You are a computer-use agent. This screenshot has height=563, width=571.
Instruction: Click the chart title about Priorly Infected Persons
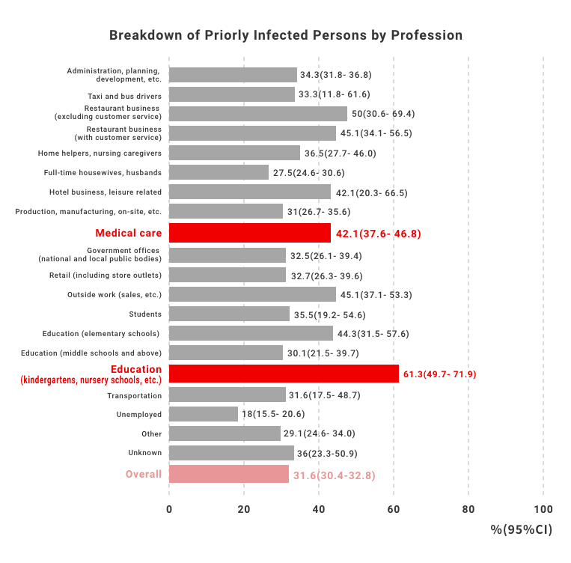tap(286, 35)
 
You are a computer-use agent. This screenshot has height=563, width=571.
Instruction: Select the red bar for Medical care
tap(250, 233)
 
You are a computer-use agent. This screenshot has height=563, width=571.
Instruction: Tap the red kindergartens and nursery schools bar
tap(284, 374)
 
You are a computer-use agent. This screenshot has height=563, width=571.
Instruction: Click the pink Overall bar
tap(229, 474)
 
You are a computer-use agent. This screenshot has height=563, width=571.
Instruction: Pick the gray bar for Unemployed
tap(204, 414)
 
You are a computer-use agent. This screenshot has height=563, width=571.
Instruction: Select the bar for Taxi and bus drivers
tap(232, 94)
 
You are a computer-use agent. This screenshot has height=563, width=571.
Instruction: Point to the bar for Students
tap(229, 314)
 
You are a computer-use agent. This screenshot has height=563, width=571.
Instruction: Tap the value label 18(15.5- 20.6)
tap(273, 414)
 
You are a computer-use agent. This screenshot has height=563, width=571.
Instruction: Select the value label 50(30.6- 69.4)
tap(383, 114)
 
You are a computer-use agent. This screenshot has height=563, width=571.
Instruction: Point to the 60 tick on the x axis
tap(394, 509)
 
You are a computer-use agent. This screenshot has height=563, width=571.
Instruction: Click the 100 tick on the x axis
tap(543, 509)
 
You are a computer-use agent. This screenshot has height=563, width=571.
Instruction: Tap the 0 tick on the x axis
tap(169, 509)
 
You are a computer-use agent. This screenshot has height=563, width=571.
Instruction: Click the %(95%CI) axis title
tap(522, 530)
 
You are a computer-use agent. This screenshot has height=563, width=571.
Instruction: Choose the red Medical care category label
tap(128, 233)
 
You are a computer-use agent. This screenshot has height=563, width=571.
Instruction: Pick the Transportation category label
tap(134, 395)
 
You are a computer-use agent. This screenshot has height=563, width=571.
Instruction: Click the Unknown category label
tap(144, 453)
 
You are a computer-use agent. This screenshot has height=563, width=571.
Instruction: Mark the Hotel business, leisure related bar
tap(250, 192)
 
